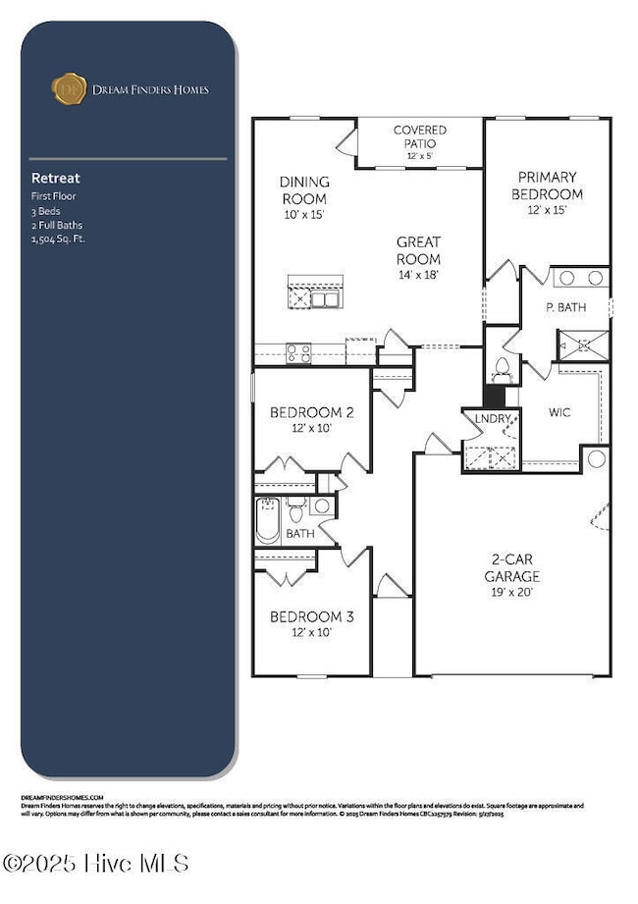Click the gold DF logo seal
pos(68,88)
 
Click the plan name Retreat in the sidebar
pos(55,179)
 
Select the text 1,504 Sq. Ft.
pos(58,239)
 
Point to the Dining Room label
pos(304,194)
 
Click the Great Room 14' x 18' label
pos(418,250)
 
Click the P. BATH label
pos(565,307)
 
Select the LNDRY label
pos(492,419)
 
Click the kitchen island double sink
pos(325,298)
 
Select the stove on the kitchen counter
pos(297,353)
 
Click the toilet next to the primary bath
pos(503,367)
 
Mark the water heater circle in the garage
pos(595,458)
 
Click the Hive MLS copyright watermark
pos(94,863)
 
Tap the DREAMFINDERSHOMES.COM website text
pos(62,798)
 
